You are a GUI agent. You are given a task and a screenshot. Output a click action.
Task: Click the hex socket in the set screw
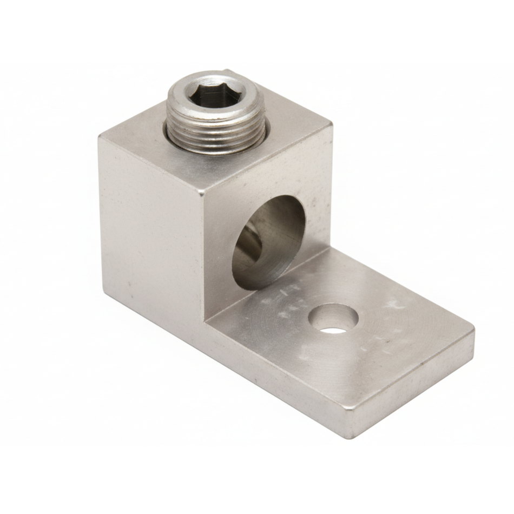coord(215,98)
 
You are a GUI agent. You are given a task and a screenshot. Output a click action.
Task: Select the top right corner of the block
coord(331,123)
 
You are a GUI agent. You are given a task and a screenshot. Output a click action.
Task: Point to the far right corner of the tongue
coord(474,329)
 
